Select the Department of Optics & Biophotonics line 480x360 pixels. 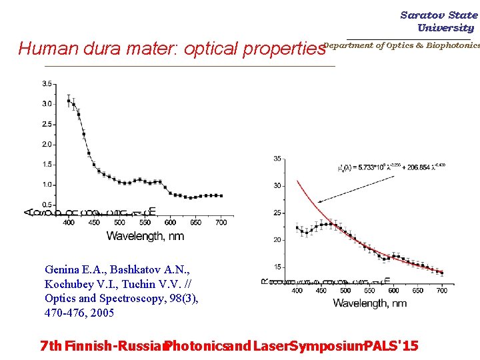[x=401, y=45]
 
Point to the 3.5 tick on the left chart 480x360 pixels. [x=47, y=84]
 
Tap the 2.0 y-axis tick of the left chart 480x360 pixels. [x=47, y=145]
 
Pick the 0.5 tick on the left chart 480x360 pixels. [x=47, y=205]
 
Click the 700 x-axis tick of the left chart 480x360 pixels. [x=221, y=222]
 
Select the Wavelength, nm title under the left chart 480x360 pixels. [x=145, y=236]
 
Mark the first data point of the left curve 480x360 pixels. [x=69, y=101]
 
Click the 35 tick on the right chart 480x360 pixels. [x=277, y=159]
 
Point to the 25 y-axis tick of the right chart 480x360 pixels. [x=277, y=213]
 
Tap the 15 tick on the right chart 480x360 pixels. [x=277, y=267]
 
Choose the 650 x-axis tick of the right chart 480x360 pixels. [x=418, y=291]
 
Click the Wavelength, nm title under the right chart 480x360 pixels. [x=369, y=303]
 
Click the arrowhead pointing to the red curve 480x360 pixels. [x=318, y=200]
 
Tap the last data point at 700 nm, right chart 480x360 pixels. [x=441, y=273]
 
